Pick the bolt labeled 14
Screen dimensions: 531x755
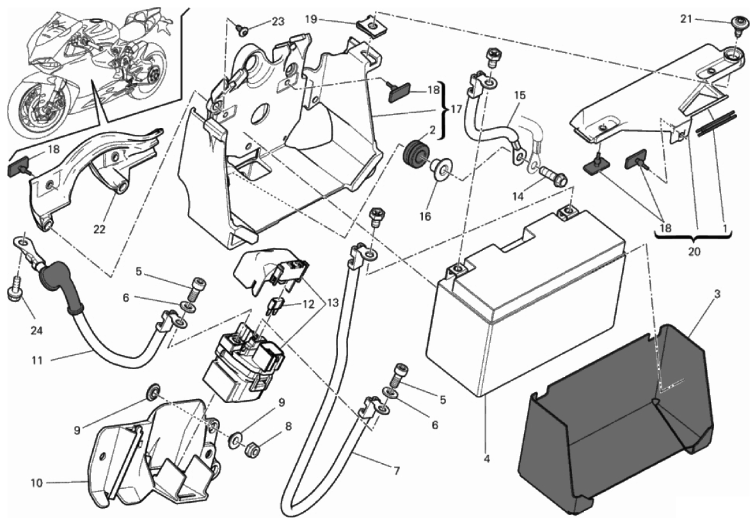tap(552, 176)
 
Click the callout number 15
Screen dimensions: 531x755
tap(520, 95)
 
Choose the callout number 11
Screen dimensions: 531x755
tap(36, 360)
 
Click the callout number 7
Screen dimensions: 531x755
tap(396, 472)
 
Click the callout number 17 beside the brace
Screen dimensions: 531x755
tap(456, 109)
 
